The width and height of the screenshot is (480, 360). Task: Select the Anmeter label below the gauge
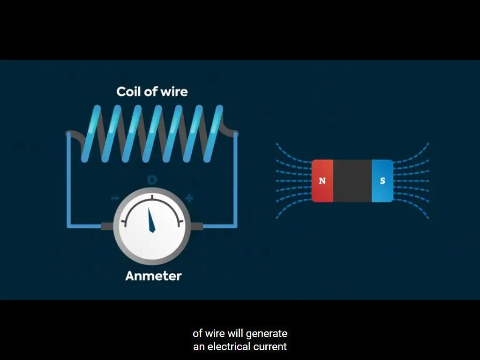153,276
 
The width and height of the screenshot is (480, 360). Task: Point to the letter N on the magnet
322,180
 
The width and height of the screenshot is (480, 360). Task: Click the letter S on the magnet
382,180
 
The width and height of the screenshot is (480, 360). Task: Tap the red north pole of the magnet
322,180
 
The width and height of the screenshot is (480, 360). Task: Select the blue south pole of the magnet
382,180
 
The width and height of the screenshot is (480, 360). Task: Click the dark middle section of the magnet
352,180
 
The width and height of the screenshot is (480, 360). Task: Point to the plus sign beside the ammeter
189,198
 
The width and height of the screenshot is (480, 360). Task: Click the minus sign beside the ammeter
115,198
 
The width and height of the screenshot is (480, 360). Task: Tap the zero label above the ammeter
152,180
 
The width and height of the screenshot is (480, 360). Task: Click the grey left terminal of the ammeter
107,226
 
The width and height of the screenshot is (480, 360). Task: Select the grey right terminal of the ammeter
196,226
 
